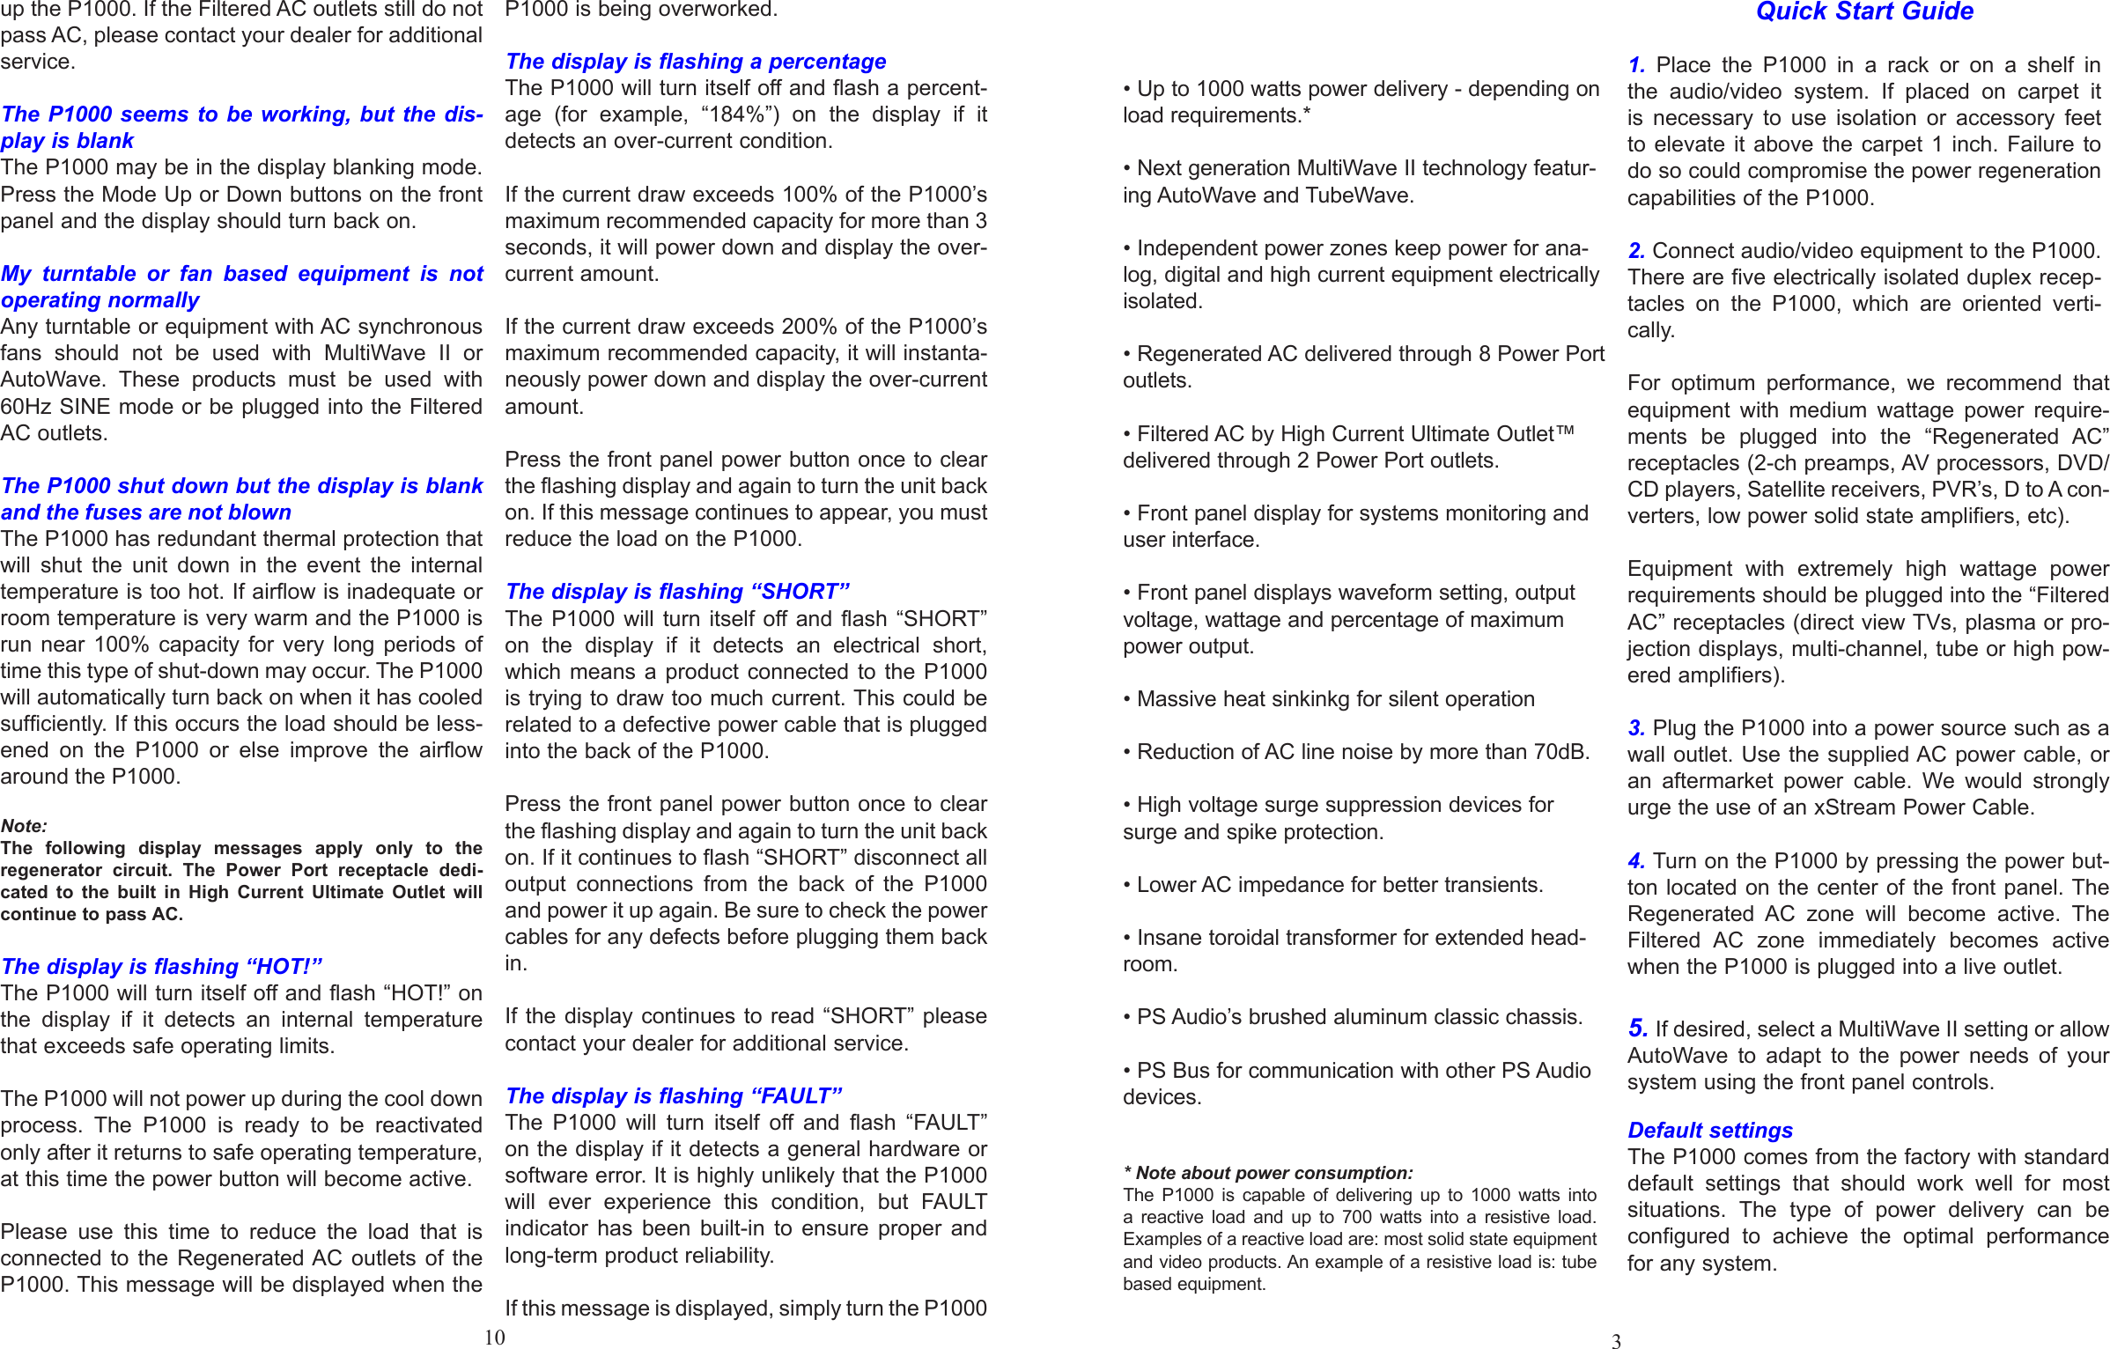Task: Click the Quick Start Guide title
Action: (1863, 12)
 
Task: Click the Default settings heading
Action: (1708, 1130)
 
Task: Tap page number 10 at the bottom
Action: (494, 1338)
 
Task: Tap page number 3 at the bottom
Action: (1616, 1341)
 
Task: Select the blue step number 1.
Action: (1636, 65)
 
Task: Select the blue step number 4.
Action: (1636, 860)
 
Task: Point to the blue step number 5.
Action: (1637, 1028)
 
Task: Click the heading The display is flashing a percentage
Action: (695, 62)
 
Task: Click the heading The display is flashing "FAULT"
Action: (674, 1095)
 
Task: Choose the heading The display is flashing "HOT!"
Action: (162, 966)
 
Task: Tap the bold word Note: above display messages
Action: (24, 826)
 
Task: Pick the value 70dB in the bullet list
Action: (1560, 752)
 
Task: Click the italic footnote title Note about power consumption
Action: (1273, 1173)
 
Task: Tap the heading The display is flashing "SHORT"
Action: (677, 592)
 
